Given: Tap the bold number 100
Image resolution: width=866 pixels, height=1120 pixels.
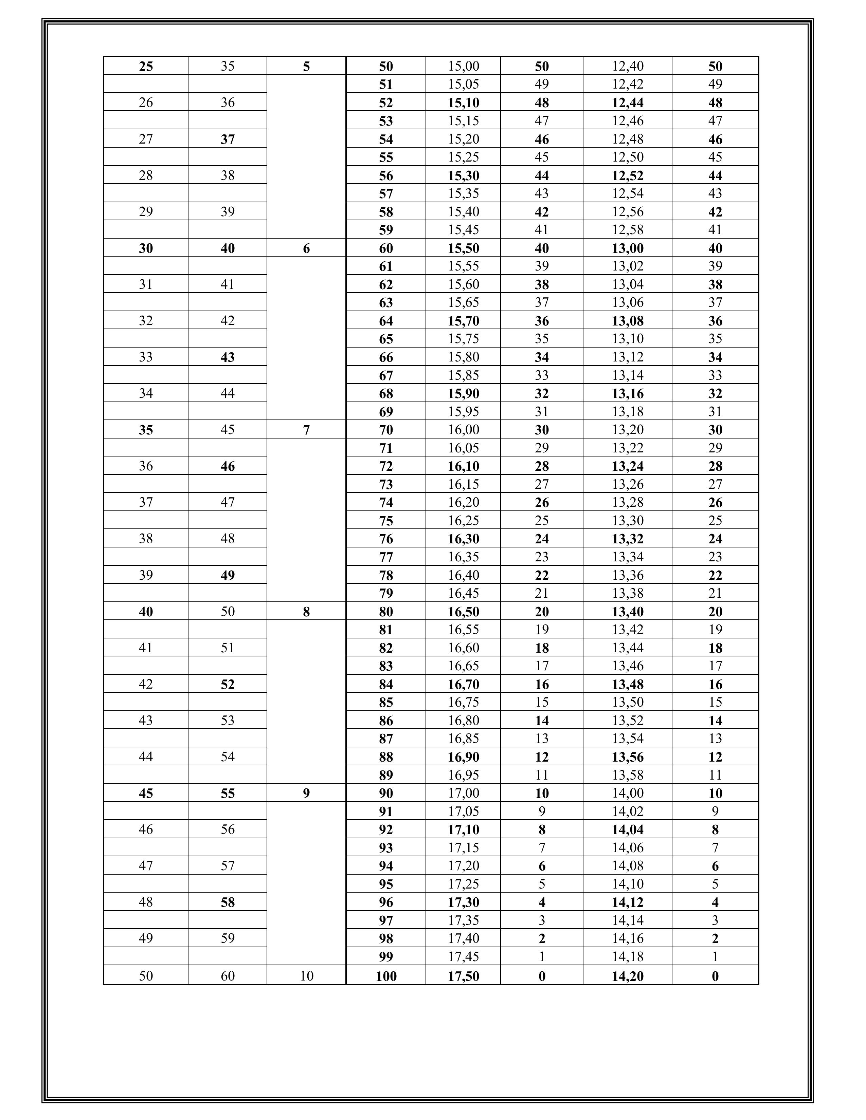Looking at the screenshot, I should [386, 976].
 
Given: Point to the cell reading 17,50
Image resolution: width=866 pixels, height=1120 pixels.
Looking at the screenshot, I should [463, 976].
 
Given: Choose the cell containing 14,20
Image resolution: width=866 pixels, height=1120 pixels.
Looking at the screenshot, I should [628, 976].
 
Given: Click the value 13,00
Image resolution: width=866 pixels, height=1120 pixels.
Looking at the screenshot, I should [628, 248].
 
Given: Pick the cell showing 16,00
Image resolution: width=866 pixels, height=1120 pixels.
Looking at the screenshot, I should [463, 430].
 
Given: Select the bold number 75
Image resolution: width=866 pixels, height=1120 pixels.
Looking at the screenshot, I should [386, 521].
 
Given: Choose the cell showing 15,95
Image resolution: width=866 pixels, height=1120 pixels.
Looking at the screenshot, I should [463, 411].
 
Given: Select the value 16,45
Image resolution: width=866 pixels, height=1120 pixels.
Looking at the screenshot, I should [463, 593].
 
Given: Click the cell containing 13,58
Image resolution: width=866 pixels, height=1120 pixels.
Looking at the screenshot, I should [628, 775].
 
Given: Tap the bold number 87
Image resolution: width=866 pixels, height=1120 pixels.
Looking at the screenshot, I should [386, 739].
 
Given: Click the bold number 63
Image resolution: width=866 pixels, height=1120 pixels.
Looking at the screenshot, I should [386, 302].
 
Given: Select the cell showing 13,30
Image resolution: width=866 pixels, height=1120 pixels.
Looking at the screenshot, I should [628, 521].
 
